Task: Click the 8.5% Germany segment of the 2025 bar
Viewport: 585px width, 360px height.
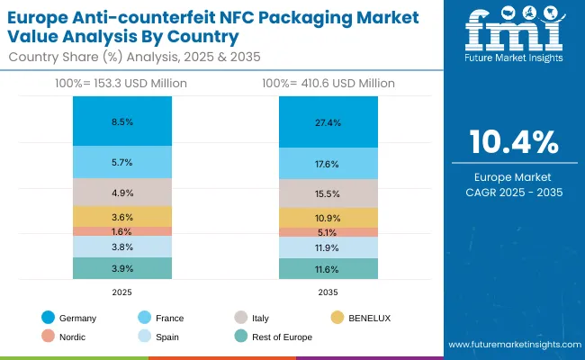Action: [x=122, y=121]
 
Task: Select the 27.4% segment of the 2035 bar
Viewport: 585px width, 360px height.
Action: [x=328, y=121]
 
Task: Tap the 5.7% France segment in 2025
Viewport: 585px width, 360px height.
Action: [x=122, y=162]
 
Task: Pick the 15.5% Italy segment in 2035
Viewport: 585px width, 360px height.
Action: [x=328, y=193]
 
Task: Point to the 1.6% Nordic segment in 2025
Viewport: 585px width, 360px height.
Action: [x=122, y=230]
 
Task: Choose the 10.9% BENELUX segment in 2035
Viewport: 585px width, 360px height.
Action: [x=328, y=218]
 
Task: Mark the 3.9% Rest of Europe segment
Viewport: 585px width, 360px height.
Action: [x=122, y=268]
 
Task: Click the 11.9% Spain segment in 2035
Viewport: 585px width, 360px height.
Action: [x=328, y=247]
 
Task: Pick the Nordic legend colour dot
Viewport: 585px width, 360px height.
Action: [x=48, y=337]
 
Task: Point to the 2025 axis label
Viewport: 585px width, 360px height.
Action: [x=122, y=291]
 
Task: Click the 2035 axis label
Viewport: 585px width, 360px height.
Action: [x=328, y=291]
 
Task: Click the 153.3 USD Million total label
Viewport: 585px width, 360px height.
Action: [x=122, y=83]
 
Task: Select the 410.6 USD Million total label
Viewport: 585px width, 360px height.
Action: [x=328, y=83]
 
